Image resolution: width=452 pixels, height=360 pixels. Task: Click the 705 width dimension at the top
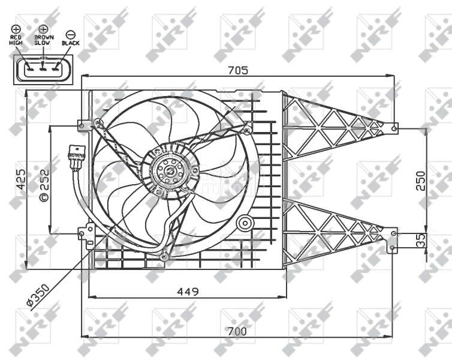[238, 70]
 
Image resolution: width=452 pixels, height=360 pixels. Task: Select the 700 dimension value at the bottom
[237, 331]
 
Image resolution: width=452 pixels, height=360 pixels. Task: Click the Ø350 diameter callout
[39, 298]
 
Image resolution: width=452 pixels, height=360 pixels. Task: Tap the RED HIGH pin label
[16, 40]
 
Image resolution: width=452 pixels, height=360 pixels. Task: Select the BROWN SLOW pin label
[43, 40]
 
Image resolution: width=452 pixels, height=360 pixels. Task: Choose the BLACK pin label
[70, 44]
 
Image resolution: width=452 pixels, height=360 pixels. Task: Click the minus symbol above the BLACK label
[70, 34]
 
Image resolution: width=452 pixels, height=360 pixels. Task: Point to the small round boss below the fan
[245, 224]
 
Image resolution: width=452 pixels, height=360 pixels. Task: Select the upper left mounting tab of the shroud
[83, 125]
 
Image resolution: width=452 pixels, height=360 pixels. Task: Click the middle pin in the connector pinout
[43, 68]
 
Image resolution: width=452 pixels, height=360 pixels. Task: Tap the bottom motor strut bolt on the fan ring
[164, 257]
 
